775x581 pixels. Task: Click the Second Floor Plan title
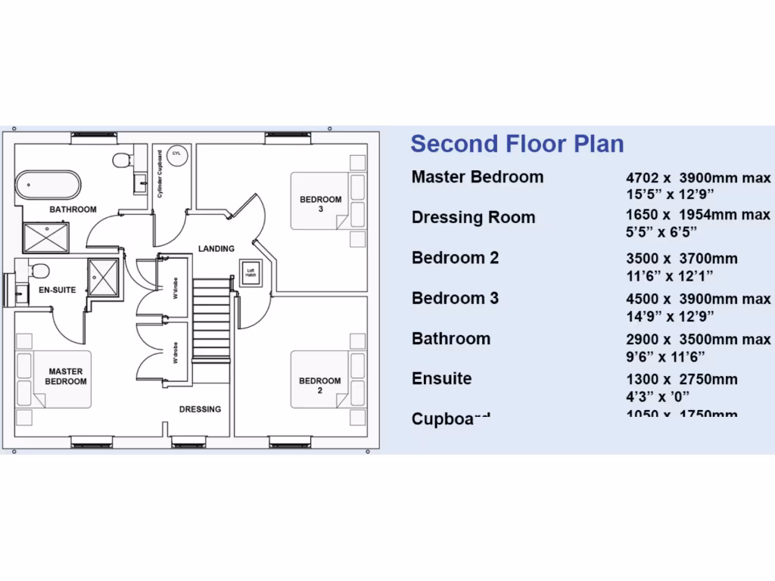[x=517, y=144]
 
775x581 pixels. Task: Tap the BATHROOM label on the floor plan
[x=73, y=210]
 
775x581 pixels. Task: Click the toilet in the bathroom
[x=122, y=160]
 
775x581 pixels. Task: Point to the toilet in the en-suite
[x=39, y=271]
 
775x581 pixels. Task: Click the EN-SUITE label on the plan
[x=58, y=290]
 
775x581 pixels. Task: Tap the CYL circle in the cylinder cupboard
[x=177, y=153]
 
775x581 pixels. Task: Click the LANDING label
[x=216, y=248]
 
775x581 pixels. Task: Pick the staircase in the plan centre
[x=211, y=318]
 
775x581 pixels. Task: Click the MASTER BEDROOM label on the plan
[x=66, y=377]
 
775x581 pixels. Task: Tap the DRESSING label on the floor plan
[x=200, y=409]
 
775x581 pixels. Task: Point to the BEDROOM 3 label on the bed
[x=320, y=204]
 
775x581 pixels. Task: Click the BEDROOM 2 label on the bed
[x=320, y=386]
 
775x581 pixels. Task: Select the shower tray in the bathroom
[x=47, y=238]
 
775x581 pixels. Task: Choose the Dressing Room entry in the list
[x=473, y=218]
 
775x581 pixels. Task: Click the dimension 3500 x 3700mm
[x=681, y=259]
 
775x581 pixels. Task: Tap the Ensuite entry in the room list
[x=441, y=379]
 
